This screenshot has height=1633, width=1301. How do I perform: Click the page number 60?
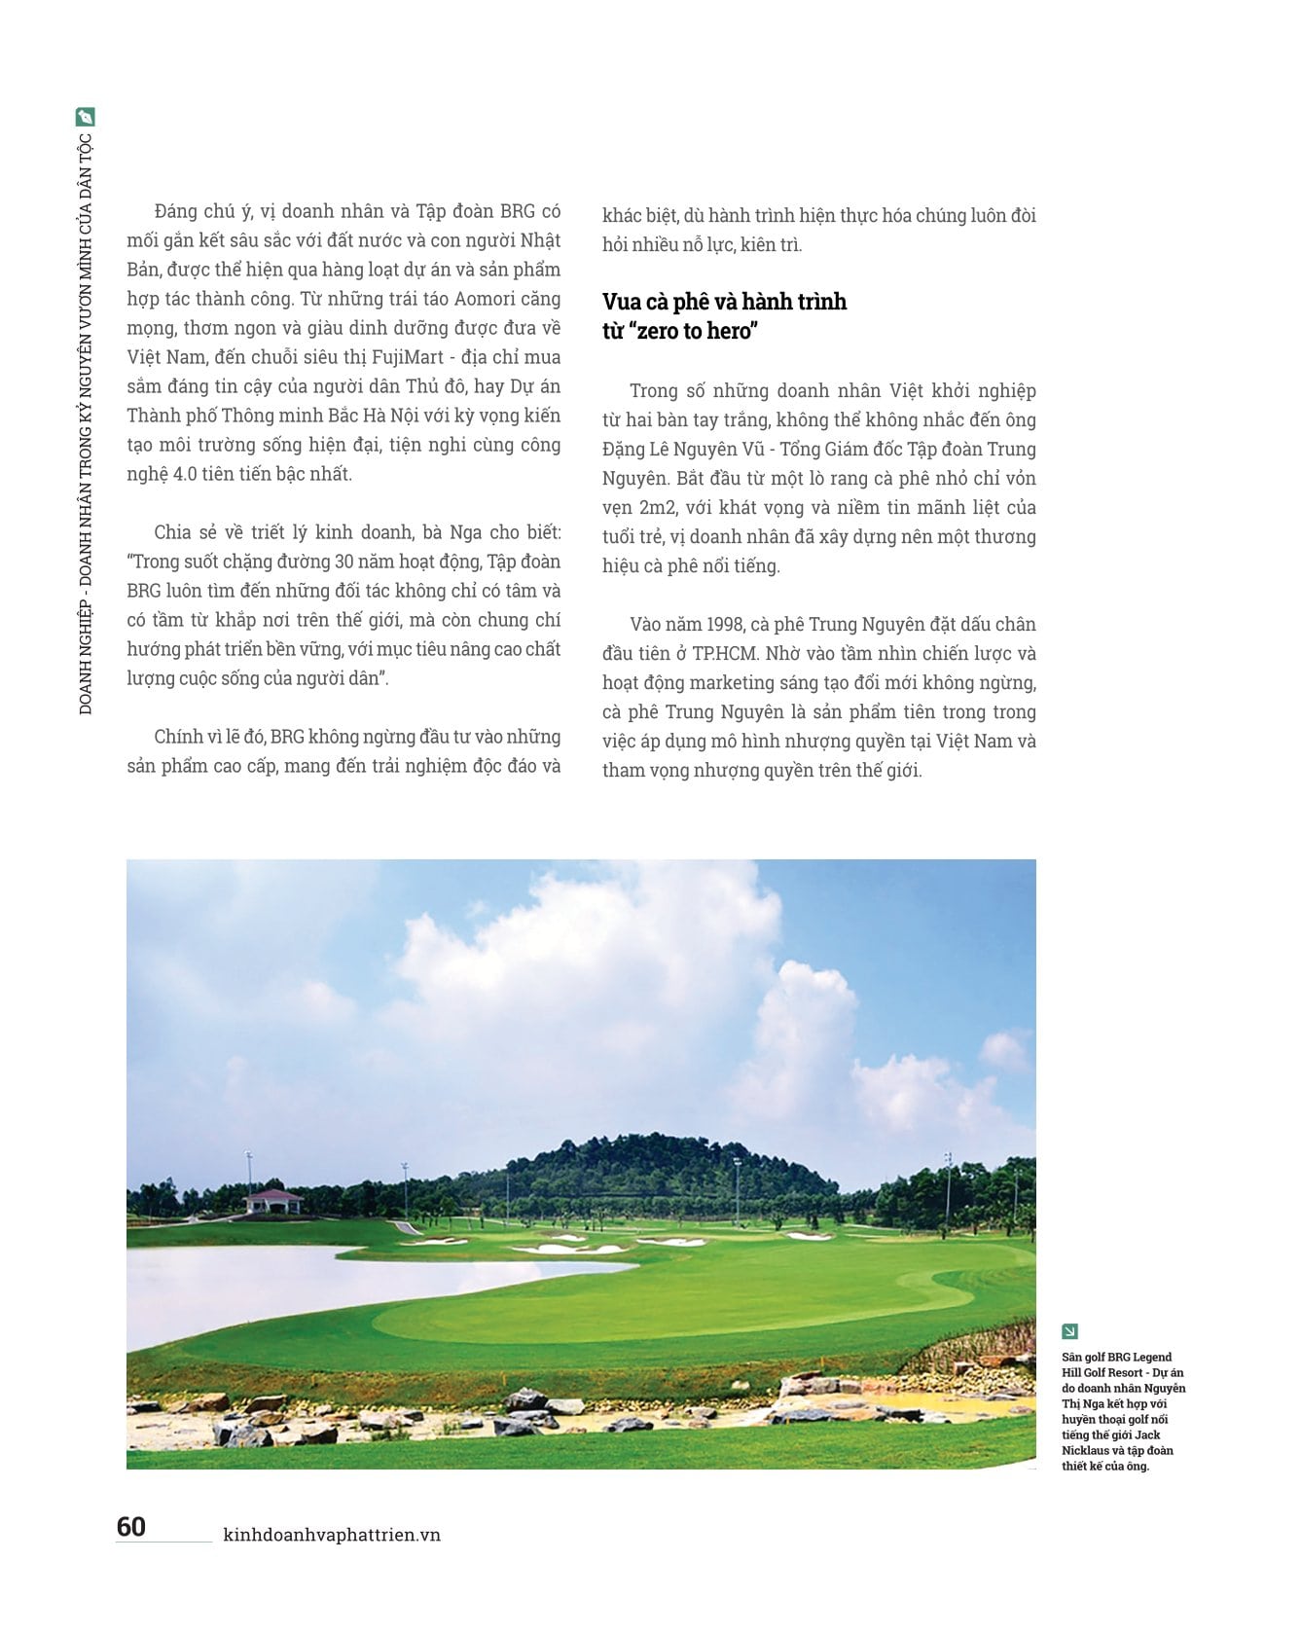[131, 1526]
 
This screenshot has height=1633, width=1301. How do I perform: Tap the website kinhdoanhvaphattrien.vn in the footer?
[332, 1535]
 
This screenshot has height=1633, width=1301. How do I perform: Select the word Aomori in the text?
[487, 299]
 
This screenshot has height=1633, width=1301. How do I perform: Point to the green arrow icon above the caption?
[1070, 1331]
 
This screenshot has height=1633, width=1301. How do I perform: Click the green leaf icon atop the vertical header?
[86, 117]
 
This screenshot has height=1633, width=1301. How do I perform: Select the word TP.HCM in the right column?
[724, 653]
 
